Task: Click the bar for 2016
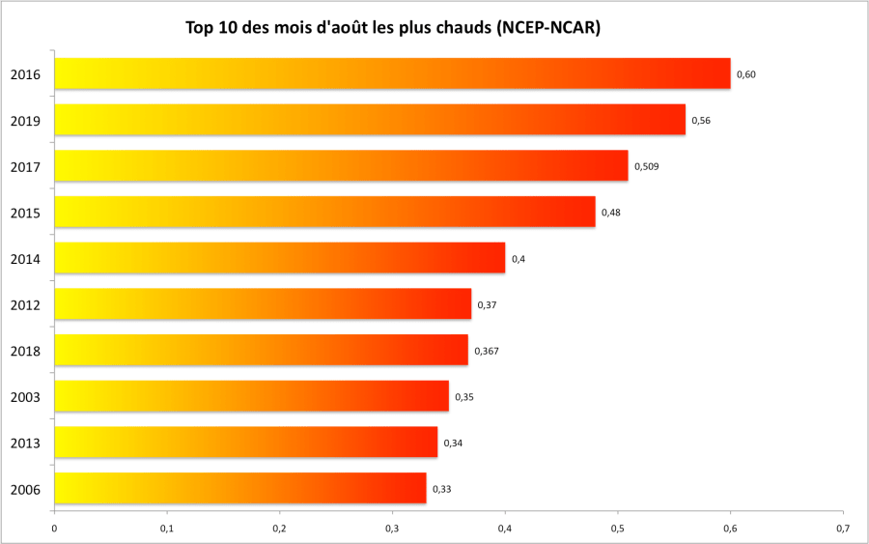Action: (x=392, y=73)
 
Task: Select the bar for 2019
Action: (x=370, y=120)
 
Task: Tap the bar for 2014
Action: (x=279, y=258)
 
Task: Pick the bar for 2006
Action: (x=239, y=488)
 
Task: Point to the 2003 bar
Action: (x=251, y=396)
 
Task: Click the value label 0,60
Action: (x=745, y=74)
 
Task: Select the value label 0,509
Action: (x=646, y=166)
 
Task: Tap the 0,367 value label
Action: (x=487, y=351)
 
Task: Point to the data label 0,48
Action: (x=610, y=213)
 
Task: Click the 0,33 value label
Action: (x=441, y=489)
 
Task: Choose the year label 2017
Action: (x=25, y=167)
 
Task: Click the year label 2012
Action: (x=25, y=305)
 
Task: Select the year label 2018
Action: (x=25, y=351)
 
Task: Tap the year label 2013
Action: (x=25, y=444)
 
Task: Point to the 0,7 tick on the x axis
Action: (x=843, y=529)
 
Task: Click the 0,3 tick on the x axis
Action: (x=392, y=529)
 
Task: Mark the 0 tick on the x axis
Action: (x=54, y=529)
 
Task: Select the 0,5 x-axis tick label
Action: (x=618, y=529)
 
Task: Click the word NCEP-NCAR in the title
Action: (x=547, y=28)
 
